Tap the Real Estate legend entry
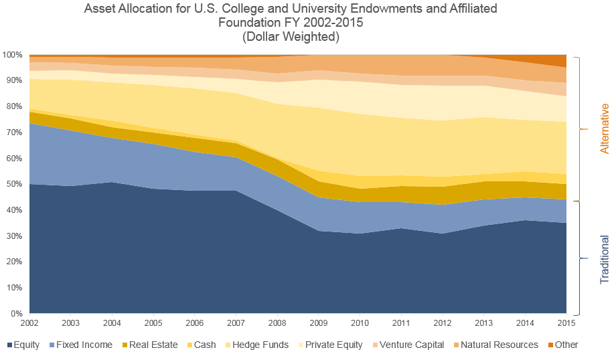[x=147, y=345]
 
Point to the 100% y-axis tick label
[x=12, y=54]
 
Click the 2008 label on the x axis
[x=277, y=323]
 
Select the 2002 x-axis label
[x=29, y=323]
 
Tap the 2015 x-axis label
[x=566, y=323]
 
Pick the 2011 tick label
[x=401, y=323]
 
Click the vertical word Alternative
[x=605, y=128]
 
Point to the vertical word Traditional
[x=605, y=259]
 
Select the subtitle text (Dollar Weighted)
[x=290, y=37]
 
